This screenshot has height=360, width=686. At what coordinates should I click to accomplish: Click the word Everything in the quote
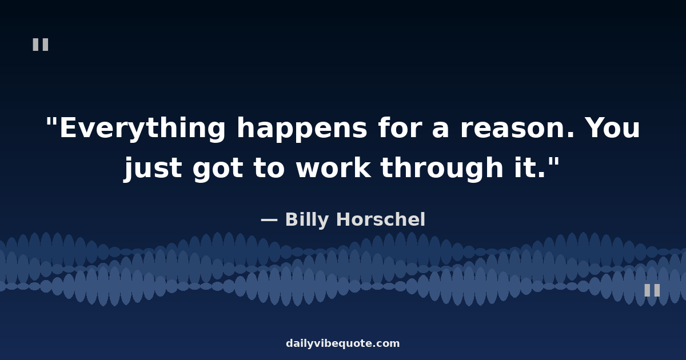(x=142, y=128)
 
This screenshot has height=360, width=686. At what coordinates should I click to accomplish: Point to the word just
(x=153, y=167)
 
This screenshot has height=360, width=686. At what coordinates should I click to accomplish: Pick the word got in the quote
(x=218, y=169)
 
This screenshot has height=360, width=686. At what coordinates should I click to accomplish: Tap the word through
(x=442, y=168)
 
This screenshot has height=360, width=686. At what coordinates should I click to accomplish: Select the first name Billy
(x=307, y=220)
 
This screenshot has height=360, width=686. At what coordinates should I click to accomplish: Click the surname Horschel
(x=381, y=219)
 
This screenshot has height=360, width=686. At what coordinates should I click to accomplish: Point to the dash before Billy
(x=269, y=220)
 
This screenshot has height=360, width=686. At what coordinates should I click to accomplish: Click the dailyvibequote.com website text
(x=342, y=343)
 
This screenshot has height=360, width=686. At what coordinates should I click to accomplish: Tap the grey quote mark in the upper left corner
(x=41, y=45)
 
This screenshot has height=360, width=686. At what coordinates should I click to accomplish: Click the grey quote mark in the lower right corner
(x=652, y=290)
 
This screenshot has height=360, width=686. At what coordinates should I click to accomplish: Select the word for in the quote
(x=400, y=127)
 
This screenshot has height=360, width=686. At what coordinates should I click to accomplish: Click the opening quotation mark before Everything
(x=51, y=122)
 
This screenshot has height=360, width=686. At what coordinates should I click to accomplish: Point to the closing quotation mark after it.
(x=554, y=162)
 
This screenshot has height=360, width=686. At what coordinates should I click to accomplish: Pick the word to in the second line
(x=269, y=168)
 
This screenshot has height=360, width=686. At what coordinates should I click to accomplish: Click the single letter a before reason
(x=440, y=130)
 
